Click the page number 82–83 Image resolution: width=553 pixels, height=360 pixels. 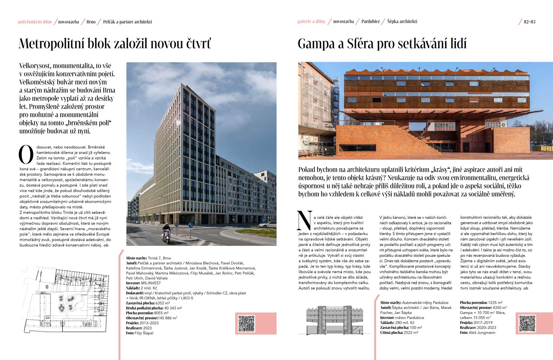point(530,22)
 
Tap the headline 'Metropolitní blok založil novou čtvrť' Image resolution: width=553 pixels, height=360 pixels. point(115,44)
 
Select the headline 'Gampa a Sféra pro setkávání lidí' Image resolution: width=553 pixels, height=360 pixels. point(382,44)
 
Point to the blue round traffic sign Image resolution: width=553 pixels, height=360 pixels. point(190,225)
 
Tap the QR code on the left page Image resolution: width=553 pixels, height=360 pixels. point(246,323)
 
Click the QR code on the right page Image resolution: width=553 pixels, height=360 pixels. point(527,323)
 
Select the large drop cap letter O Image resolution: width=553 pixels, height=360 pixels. point(26,155)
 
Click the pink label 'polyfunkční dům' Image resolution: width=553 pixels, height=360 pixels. point(35,22)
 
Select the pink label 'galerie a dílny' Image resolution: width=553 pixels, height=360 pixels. point(311,22)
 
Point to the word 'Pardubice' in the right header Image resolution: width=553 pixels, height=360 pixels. point(371,22)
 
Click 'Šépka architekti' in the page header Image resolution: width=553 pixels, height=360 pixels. point(402,22)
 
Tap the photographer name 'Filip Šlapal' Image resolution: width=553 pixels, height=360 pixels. point(144,333)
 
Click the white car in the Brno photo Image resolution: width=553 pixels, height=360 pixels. point(267,224)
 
